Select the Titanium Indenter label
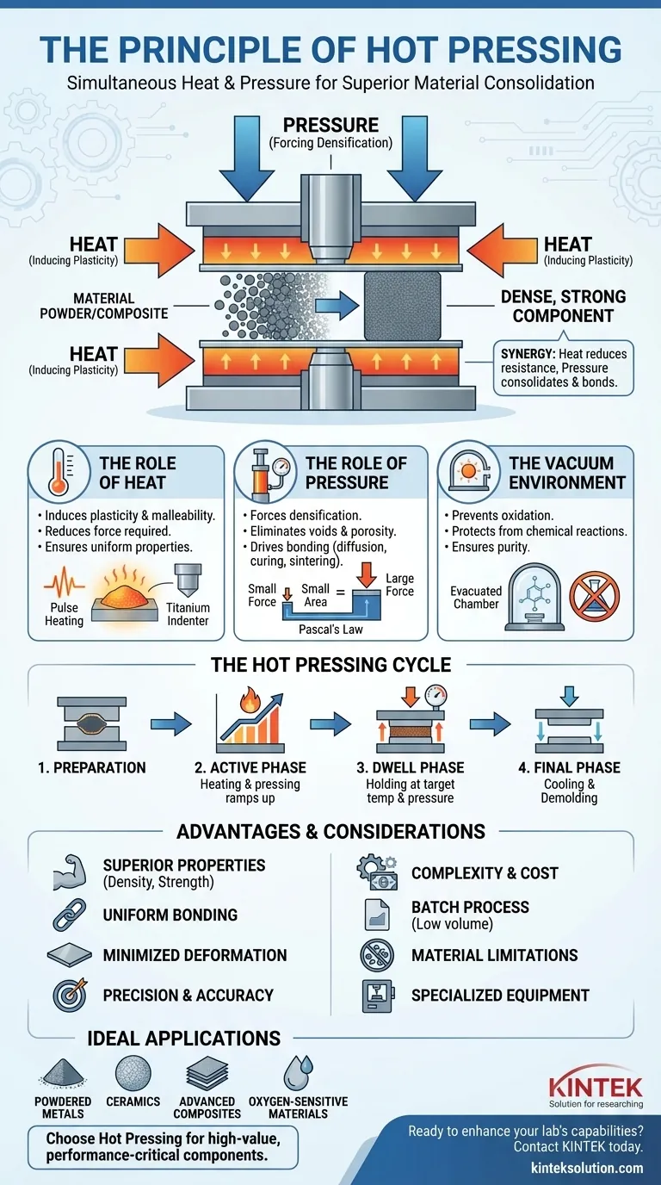point(188,614)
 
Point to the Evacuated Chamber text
point(476,597)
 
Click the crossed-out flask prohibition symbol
point(594,592)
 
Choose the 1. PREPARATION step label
point(92,767)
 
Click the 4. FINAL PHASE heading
point(569,767)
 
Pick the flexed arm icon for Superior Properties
point(65,872)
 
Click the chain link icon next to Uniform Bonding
point(65,915)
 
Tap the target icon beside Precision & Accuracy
point(66,995)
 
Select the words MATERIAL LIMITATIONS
point(495,955)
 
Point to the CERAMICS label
point(133,1101)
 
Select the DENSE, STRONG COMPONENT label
point(564,306)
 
